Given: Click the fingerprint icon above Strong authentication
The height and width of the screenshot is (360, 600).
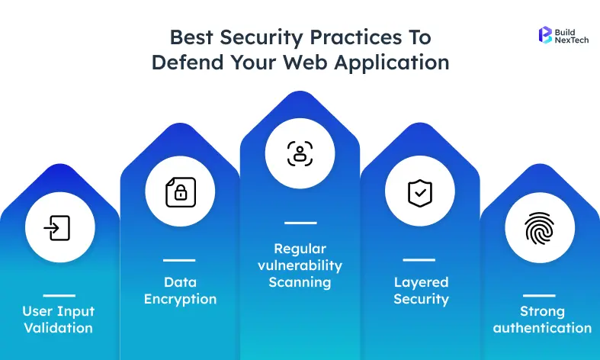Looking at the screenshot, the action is pos(540,228).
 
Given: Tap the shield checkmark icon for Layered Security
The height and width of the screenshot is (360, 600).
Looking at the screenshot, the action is pos(419,193).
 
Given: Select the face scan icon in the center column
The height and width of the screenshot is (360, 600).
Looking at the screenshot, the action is pos(300,153).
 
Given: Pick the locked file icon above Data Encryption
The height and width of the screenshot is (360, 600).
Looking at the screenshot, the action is pos(180,193).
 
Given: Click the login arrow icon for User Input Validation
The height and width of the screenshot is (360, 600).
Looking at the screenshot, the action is pos(59,228).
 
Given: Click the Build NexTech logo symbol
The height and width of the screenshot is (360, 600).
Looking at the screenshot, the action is pos(545,34).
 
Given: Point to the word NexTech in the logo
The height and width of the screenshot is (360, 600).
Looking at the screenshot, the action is pos(573,40).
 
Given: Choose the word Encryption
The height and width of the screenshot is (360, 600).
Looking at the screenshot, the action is pos(180,299).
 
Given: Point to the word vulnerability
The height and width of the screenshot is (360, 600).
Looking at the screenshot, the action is pos(300,265).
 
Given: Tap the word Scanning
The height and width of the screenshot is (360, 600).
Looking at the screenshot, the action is pos(300,282).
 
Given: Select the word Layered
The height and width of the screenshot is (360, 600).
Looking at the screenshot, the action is pos(421,282).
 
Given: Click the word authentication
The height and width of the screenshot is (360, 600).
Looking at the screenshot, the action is pos(542,328).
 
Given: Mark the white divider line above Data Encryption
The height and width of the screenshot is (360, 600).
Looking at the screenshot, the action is pos(179,260).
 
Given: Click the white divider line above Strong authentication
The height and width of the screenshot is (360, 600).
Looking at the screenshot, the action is pos(539,295).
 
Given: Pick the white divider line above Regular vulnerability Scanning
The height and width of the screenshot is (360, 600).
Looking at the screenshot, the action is pos(300,223).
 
